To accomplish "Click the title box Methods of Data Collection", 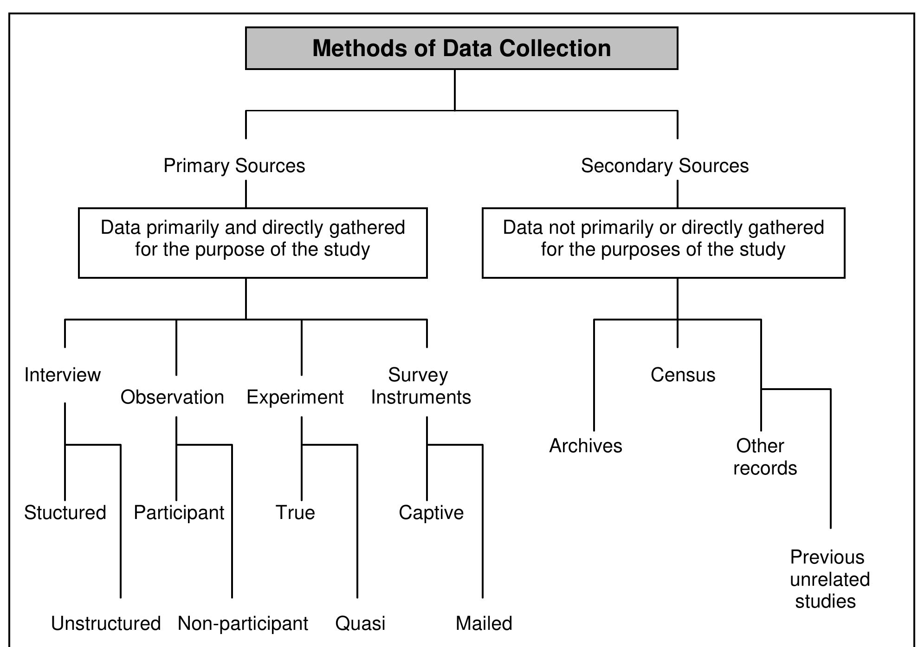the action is pyautogui.click(x=461, y=48).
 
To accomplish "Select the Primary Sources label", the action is pyautogui.click(x=234, y=166).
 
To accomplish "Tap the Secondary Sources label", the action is pyautogui.click(x=665, y=166).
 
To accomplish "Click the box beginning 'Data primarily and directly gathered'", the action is pyautogui.click(x=253, y=243).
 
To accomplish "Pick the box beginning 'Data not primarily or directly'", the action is pyautogui.click(x=664, y=243).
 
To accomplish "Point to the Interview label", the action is pyautogui.click(x=62, y=375).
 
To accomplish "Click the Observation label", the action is pyautogui.click(x=172, y=397).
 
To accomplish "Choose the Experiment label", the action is pyautogui.click(x=295, y=397).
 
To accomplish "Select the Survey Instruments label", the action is pyautogui.click(x=421, y=386).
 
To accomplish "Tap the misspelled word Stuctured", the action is pyautogui.click(x=65, y=512).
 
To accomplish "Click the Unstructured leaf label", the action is pyautogui.click(x=106, y=623).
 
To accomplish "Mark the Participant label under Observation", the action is pyautogui.click(x=179, y=512).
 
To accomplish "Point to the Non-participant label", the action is pyautogui.click(x=243, y=623).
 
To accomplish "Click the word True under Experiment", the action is pyautogui.click(x=295, y=512).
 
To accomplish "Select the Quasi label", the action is pyautogui.click(x=360, y=623).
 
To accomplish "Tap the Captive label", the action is pyautogui.click(x=431, y=512).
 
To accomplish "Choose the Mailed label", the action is pyautogui.click(x=484, y=623).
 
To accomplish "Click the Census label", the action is pyautogui.click(x=683, y=375).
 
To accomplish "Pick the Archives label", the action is pyautogui.click(x=586, y=446).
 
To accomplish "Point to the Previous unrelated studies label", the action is pyautogui.click(x=829, y=579).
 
